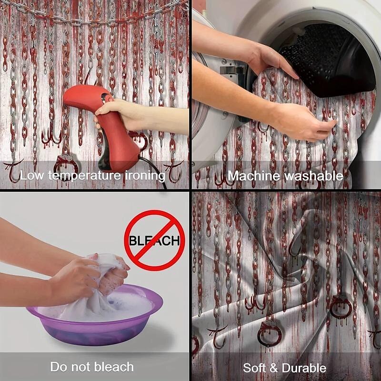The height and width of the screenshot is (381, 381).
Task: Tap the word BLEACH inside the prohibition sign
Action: point(154,241)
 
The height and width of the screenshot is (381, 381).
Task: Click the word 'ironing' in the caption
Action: point(145,176)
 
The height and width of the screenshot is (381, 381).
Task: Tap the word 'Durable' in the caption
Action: point(304,368)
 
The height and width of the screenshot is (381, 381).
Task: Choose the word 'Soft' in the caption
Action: point(254,368)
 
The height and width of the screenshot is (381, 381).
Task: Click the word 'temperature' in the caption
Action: point(84,176)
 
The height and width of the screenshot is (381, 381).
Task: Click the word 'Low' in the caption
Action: point(32,175)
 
